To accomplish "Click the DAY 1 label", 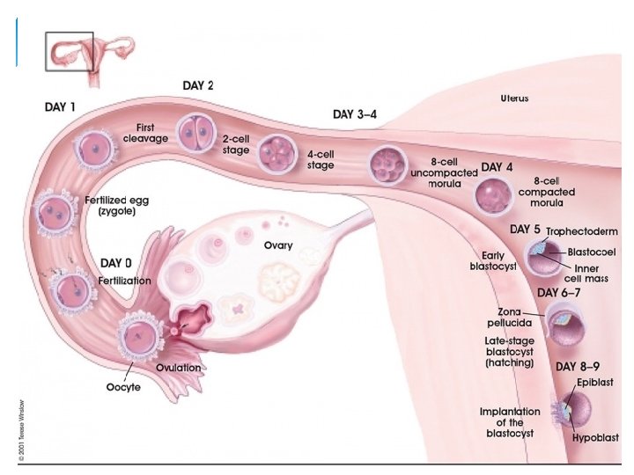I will click(60, 107).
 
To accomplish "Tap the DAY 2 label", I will click(198, 85).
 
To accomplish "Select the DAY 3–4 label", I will click(356, 114).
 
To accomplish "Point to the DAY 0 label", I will click(117, 263).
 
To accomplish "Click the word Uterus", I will click(514, 99).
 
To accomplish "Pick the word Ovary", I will click(278, 245).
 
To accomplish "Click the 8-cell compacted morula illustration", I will click(492, 195).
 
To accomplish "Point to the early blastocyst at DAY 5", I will click(540, 258).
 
